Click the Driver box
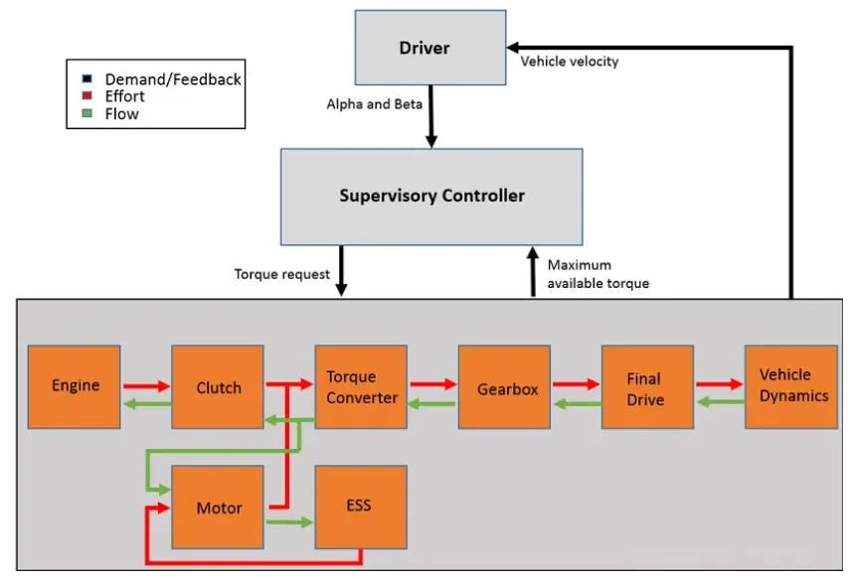(425, 49)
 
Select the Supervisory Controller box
(431, 196)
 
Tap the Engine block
(75, 386)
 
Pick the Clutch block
(218, 387)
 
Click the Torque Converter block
(361, 387)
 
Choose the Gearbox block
(504, 387)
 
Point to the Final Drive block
(647, 387)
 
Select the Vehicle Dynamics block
(791, 385)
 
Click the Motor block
(219, 507)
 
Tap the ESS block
(360, 506)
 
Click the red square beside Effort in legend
(87, 96)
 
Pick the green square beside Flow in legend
(87, 114)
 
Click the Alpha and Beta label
(374, 103)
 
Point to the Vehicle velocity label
(570, 62)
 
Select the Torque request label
(282, 274)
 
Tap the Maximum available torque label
(598, 274)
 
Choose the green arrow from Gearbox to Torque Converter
(432, 402)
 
